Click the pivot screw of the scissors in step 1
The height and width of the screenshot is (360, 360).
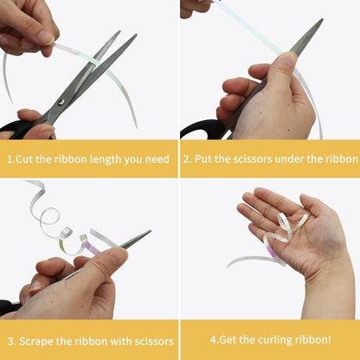[x=61, y=102]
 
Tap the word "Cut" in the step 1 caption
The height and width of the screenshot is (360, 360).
[x=24, y=159]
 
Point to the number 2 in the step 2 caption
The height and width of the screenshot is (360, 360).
[x=186, y=159]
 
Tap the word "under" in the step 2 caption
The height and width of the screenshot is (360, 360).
[x=289, y=159]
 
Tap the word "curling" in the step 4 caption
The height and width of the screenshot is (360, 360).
[x=275, y=340]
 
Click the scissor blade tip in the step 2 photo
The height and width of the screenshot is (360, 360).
[x=322, y=20]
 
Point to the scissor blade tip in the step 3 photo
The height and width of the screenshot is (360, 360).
[x=150, y=231]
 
